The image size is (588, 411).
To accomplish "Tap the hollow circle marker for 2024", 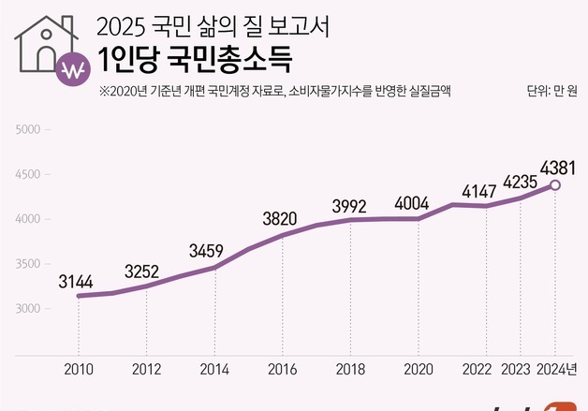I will click(x=555, y=185).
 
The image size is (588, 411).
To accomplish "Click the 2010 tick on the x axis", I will click(x=78, y=369).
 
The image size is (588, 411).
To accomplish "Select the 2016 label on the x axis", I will click(x=282, y=369).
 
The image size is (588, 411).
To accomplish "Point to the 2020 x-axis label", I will click(x=419, y=369).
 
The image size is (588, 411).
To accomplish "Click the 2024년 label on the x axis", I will click(x=559, y=369).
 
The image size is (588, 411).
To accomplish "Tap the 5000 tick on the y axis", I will click(x=30, y=129).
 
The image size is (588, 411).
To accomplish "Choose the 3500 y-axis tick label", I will click(x=30, y=264).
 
